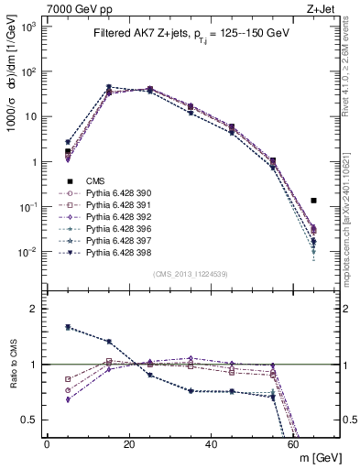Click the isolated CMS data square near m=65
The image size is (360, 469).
[x=314, y=200]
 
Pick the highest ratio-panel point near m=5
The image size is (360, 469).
[x=68, y=327]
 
